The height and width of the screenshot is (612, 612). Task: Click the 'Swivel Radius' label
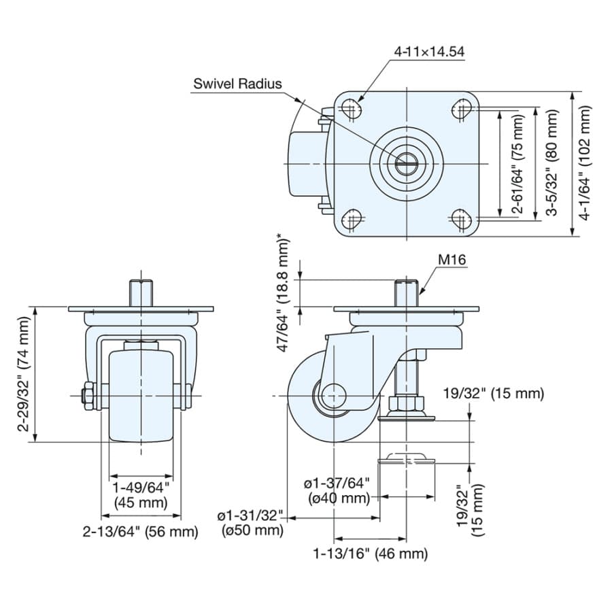(x=237, y=84)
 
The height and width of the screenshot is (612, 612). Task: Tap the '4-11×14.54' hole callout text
(x=429, y=52)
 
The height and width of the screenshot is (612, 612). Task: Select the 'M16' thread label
(x=452, y=259)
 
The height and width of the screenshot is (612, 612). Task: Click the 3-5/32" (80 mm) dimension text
(x=552, y=163)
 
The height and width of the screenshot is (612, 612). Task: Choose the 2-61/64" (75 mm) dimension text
(x=518, y=163)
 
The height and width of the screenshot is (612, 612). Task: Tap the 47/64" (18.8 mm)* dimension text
(x=284, y=292)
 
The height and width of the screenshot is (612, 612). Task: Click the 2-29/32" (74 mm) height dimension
(x=23, y=374)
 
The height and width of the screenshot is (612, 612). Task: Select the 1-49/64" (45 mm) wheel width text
(x=141, y=494)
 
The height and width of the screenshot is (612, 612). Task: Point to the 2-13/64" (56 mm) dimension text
(x=141, y=531)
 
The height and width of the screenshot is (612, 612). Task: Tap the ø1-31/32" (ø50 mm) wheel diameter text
(x=252, y=523)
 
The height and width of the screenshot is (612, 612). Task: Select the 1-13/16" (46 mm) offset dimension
(x=371, y=553)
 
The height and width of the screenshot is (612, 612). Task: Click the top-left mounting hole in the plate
(x=352, y=108)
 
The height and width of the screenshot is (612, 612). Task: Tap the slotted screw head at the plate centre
(x=407, y=163)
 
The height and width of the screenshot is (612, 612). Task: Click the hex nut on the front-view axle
(x=88, y=396)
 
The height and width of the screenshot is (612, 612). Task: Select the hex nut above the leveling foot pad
(x=407, y=403)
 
